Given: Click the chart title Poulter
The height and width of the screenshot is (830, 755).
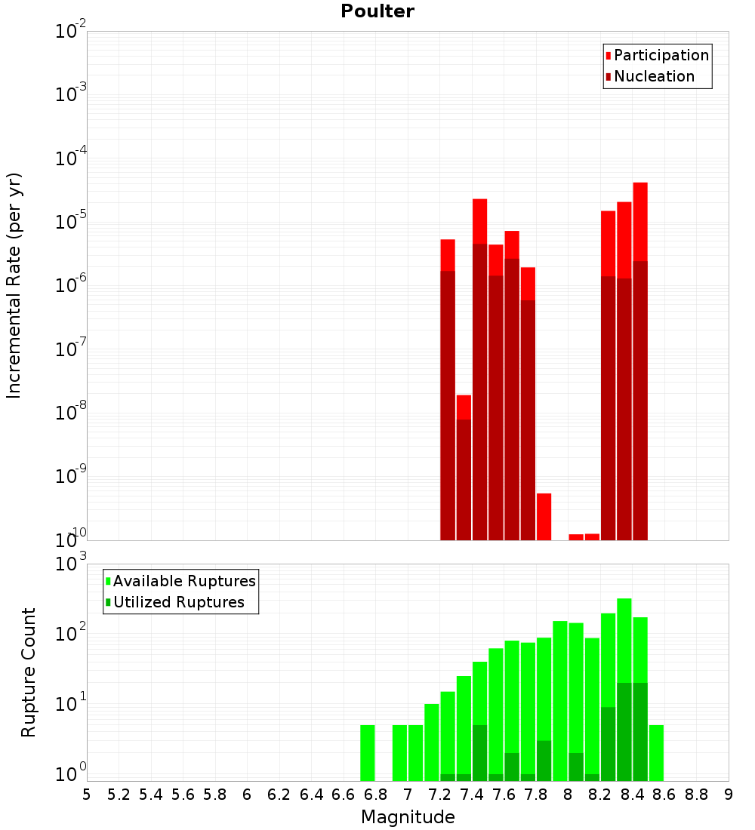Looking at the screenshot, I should click(377, 11).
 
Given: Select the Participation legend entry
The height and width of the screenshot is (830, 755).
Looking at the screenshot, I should click(661, 55).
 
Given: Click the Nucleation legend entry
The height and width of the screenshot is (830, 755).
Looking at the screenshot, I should click(653, 76).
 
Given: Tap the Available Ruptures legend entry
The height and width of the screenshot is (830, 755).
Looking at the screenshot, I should click(183, 581).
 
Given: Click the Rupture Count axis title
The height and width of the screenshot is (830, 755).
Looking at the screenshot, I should click(29, 672).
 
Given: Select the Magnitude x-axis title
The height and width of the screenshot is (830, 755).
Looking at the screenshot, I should click(408, 816).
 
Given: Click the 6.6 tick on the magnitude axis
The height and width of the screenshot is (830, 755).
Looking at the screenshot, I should click(343, 795).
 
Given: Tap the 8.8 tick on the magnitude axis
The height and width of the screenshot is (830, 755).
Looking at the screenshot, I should click(696, 795).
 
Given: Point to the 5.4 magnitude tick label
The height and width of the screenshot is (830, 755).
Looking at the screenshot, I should click(151, 795).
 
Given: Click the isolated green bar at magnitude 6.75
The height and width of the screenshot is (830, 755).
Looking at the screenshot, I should click(367, 753).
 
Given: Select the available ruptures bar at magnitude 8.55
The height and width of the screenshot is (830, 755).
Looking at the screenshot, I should click(656, 753).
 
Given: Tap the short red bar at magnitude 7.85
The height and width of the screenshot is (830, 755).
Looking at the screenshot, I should click(544, 516).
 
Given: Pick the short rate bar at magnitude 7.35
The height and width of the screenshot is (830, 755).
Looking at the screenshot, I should click(464, 468).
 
